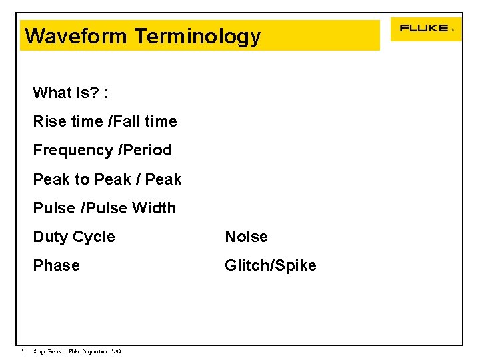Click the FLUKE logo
coord(424,29)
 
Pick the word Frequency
coord(73,150)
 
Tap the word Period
coord(147,150)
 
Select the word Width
coord(154,208)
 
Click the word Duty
coord(51,237)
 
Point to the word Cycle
coord(94,237)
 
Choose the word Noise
coord(246,237)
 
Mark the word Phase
coord(57,265)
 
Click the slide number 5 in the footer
coord(22,352)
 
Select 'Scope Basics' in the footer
coord(47,352)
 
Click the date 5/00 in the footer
coord(116,352)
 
